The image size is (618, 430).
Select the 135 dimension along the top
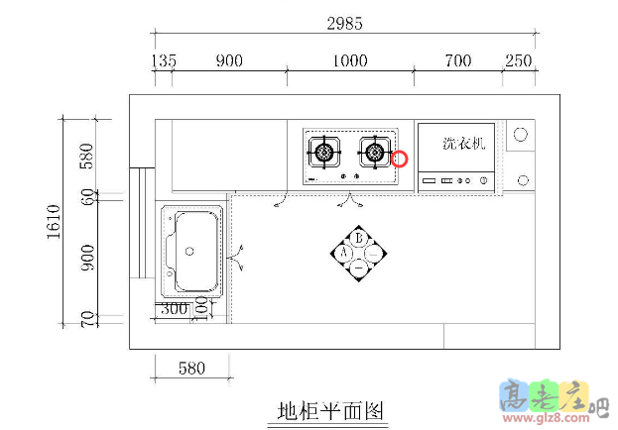pyautogui.click(x=165, y=61)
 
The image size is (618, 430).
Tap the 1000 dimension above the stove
pyautogui.click(x=350, y=61)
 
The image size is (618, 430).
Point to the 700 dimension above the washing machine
pyautogui.click(x=457, y=61)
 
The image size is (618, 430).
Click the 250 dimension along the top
pyautogui.click(x=518, y=61)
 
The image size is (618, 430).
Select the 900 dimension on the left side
pyautogui.click(x=87, y=260)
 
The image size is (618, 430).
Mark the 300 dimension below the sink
pyautogui.click(x=175, y=308)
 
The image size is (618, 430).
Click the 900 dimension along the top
pyautogui.click(x=228, y=61)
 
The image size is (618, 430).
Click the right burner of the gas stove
pyautogui.click(x=374, y=152)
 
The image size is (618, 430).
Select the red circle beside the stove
pyautogui.click(x=400, y=159)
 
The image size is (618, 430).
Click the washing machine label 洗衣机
pyautogui.click(x=463, y=144)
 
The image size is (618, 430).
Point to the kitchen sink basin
pyautogui.click(x=191, y=252)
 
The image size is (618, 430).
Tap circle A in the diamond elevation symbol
pyautogui.click(x=344, y=252)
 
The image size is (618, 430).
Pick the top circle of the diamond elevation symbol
pyautogui.click(x=359, y=238)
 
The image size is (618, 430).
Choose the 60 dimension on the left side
pyautogui.click(x=87, y=197)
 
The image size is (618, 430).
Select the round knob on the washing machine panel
pyautogui.click(x=483, y=181)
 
